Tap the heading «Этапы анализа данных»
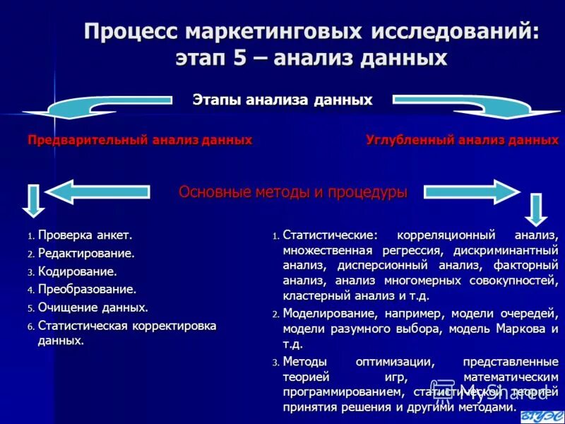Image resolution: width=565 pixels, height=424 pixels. [282, 100]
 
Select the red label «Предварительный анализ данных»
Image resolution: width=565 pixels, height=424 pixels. [140, 140]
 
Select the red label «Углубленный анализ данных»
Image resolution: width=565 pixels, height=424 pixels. [462, 140]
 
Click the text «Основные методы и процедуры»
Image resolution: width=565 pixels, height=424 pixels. [292, 192]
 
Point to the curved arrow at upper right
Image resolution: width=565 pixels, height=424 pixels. [487, 105]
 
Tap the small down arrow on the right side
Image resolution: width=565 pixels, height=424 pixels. [537, 209]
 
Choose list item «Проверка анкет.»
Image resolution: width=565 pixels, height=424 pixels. [85, 235]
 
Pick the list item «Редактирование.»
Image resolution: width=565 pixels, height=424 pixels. [86, 253]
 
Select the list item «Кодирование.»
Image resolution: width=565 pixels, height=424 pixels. [77, 271]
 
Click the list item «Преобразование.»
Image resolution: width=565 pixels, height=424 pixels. [87, 289]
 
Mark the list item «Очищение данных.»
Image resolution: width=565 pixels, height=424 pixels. [93, 307]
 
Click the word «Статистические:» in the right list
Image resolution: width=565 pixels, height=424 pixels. [330, 235]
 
